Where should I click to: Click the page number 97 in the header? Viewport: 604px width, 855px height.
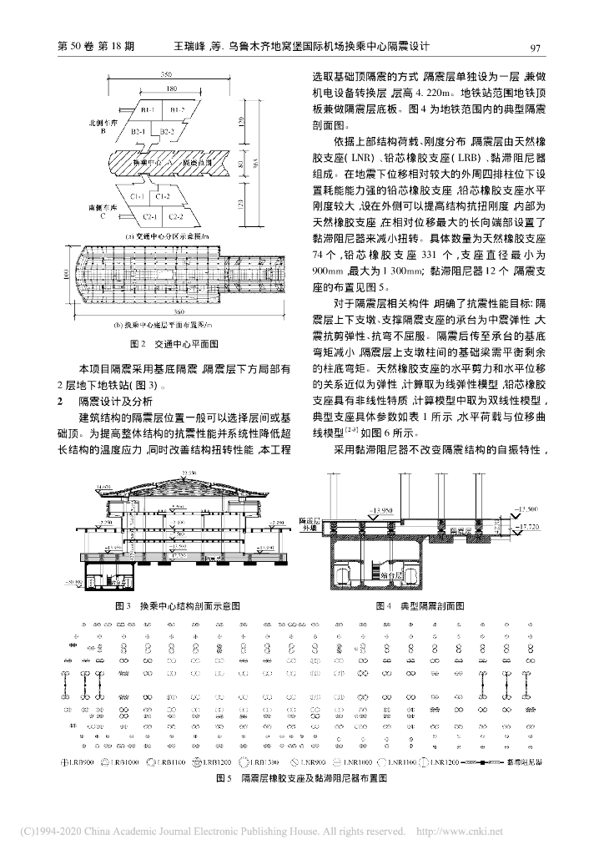536,48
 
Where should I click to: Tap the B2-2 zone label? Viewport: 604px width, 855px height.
167,132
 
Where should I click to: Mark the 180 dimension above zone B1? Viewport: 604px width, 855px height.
169,89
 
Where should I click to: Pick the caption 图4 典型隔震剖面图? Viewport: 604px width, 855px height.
420,605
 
